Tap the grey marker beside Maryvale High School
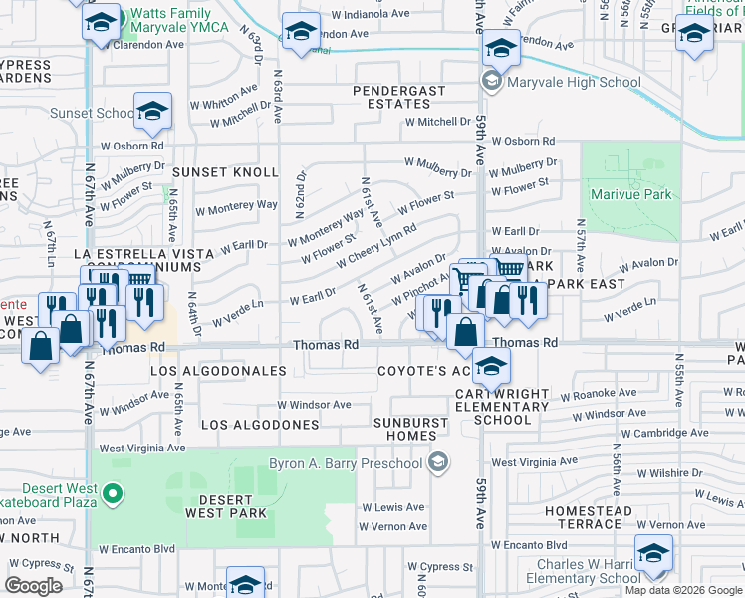(x=491, y=81)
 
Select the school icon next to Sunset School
(x=152, y=111)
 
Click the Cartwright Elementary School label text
(x=502, y=406)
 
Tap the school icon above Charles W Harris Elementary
(x=652, y=551)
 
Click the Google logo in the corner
(x=34, y=586)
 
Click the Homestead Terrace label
(x=588, y=517)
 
